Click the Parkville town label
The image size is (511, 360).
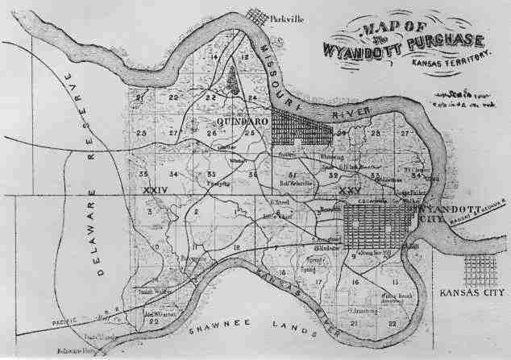click(x=287, y=17)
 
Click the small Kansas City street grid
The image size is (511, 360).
click(x=480, y=269)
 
